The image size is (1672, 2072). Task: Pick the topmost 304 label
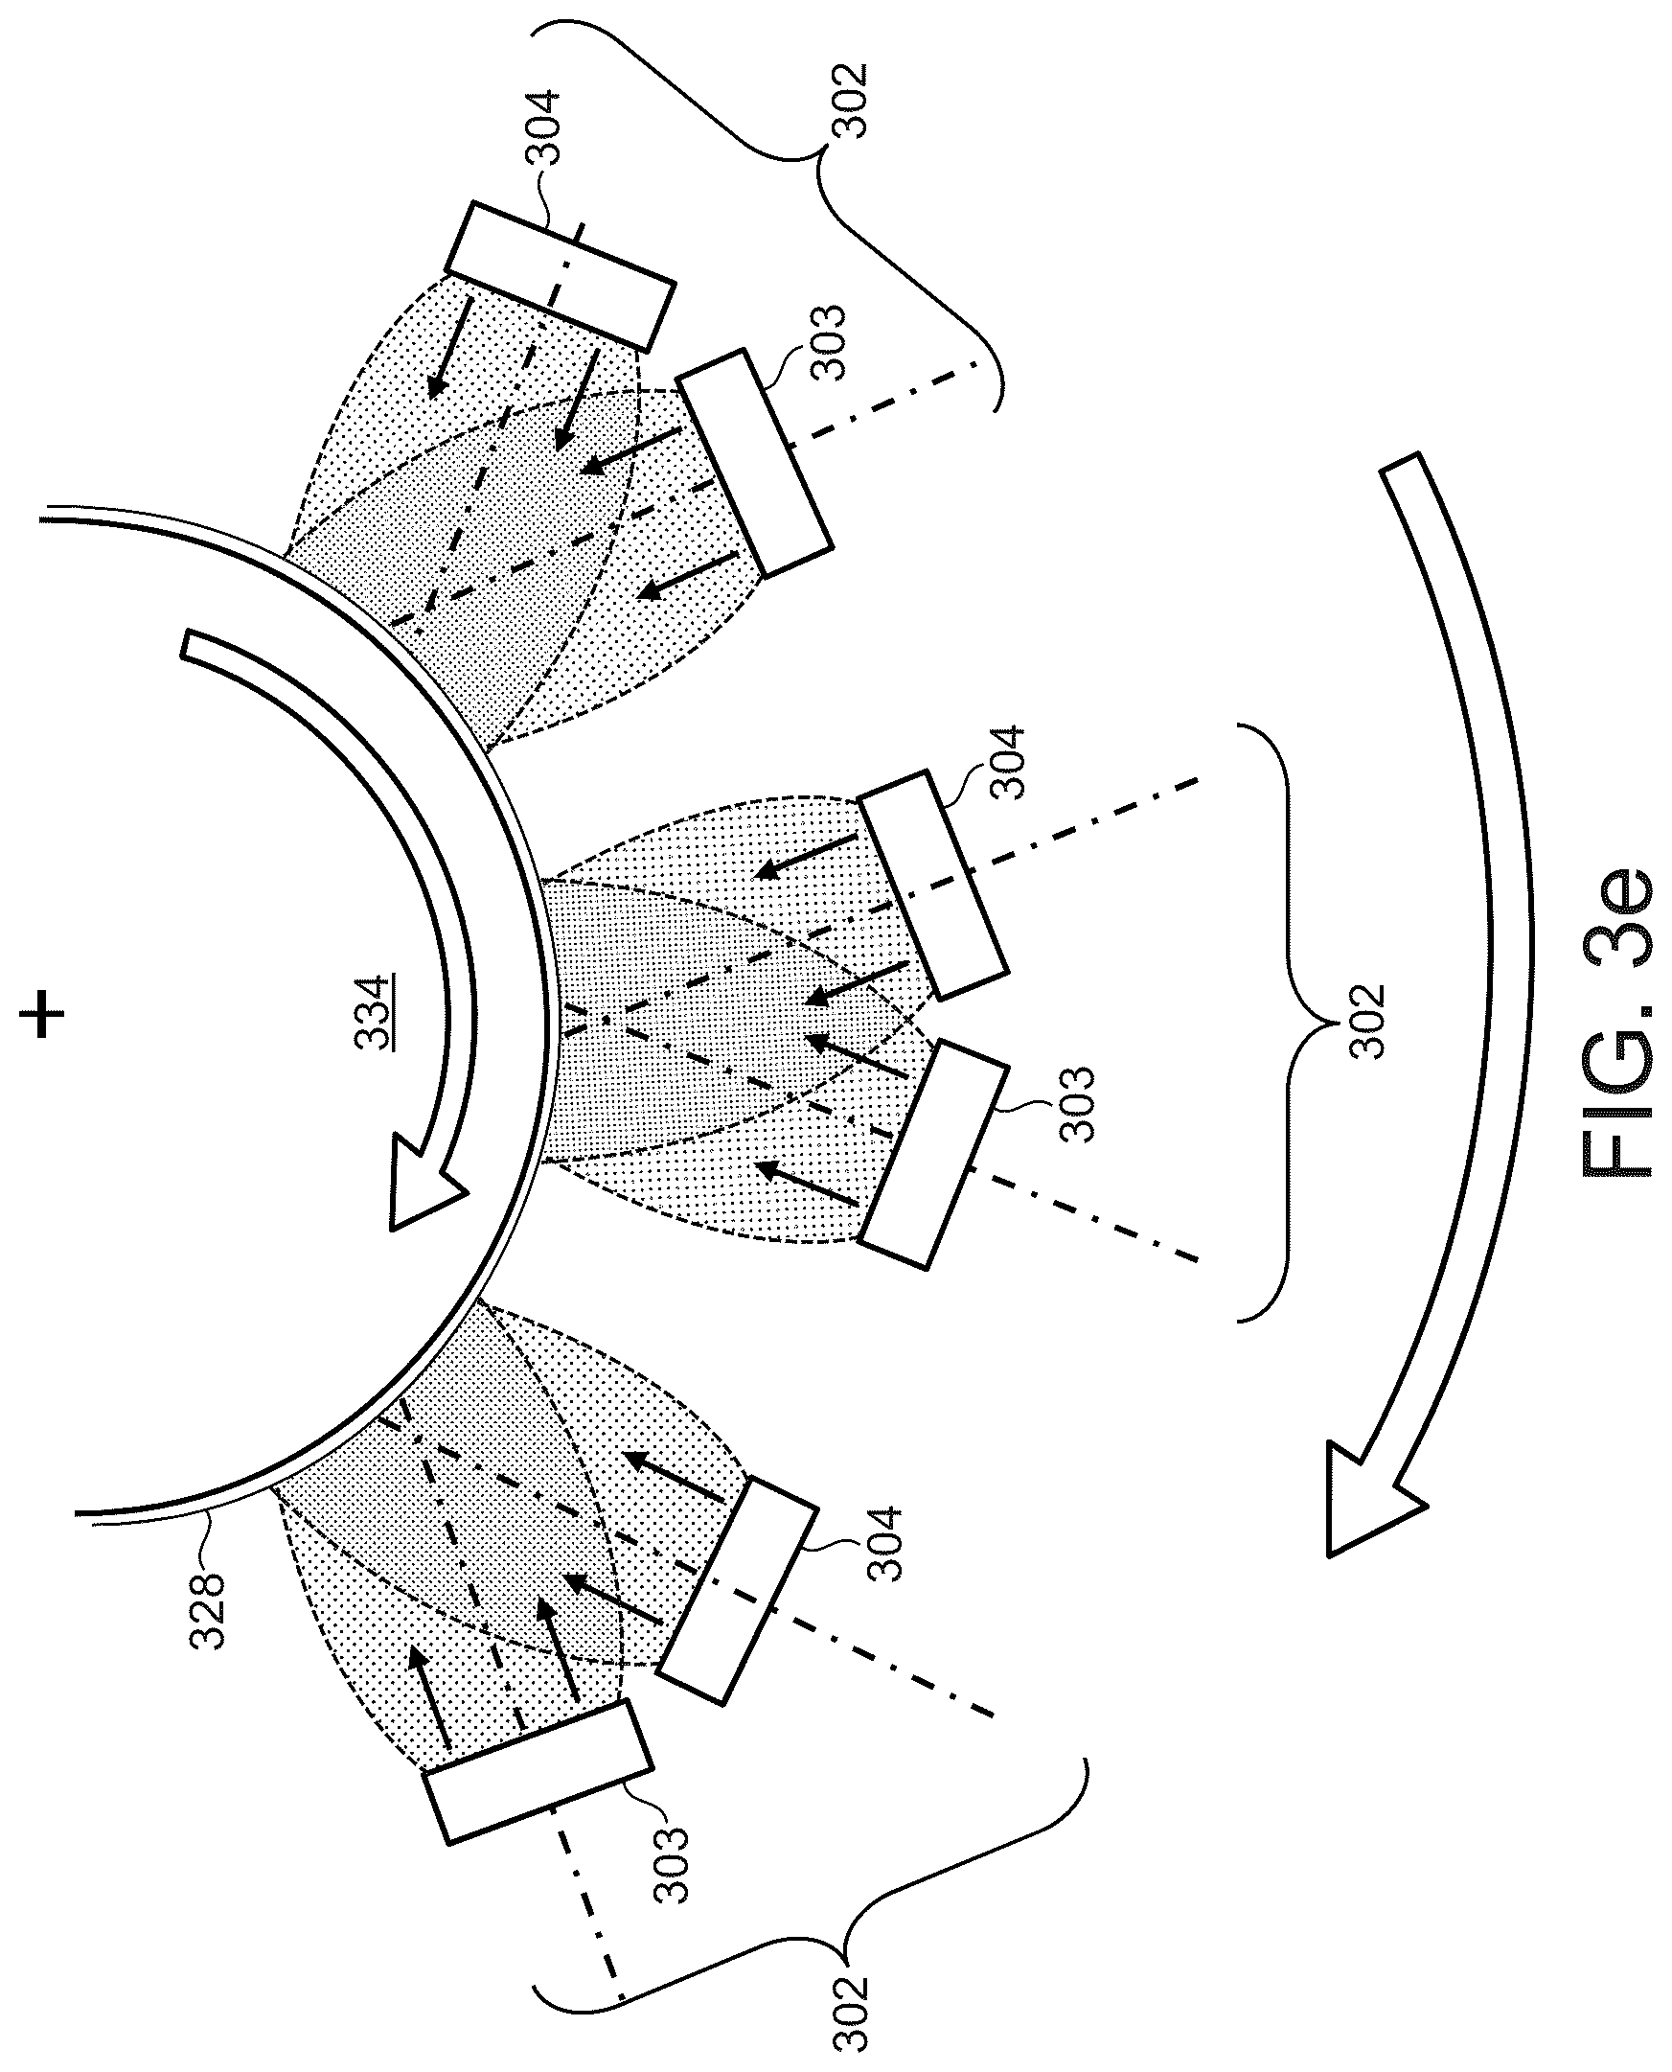pyautogui.click(x=541, y=127)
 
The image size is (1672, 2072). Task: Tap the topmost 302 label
pyautogui.click(x=852, y=102)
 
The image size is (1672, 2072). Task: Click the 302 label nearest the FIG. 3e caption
pyautogui.click(x=1366, y=1021)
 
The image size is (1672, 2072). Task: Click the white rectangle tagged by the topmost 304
pyautogui.click(x=560, y=275)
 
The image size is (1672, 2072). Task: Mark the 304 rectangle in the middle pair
pyautogui.click(x=931, y=884)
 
